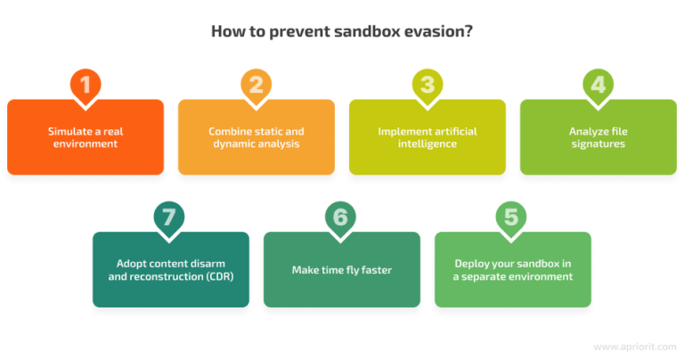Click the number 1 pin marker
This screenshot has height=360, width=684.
[85, 85]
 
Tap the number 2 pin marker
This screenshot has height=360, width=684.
[256, 85]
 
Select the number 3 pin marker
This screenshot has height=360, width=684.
[427, 85]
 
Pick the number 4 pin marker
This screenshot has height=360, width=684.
[598, 85]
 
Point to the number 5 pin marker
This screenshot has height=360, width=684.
[512, 217]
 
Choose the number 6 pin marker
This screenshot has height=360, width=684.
[342, 217]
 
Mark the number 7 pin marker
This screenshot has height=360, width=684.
[171, 217]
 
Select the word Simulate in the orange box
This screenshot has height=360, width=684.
[69, 131]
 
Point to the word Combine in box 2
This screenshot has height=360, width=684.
[230, 131]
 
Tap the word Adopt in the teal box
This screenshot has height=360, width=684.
[131, 264]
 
